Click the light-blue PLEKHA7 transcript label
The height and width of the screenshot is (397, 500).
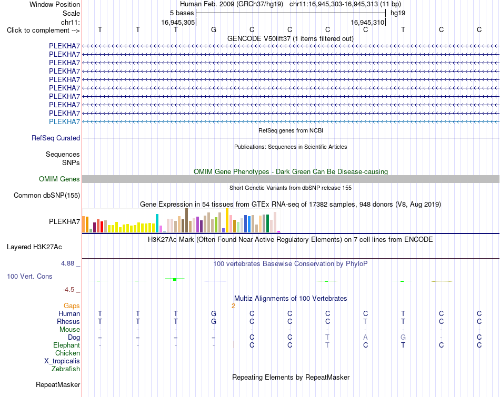[64, 121]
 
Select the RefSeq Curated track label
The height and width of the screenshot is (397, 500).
[56, 138]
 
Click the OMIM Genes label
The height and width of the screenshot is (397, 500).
[59, 179]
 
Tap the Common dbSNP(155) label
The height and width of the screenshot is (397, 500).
[47, 195]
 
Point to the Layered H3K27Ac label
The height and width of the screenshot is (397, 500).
[34, 247]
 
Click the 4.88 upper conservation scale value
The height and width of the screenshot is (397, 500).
[67, 263]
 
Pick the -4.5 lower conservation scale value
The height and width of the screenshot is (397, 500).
[68, 290]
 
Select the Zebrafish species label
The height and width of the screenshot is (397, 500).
[66, 369]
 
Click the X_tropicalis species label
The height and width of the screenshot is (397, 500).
[62, 361]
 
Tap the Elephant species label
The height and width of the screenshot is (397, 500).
[67, 345]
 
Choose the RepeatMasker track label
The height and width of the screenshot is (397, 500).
[58, 384]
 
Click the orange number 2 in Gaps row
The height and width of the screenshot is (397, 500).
[233, 306]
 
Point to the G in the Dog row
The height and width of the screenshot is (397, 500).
[403, 338]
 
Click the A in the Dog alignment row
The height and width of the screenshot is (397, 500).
[365, 338]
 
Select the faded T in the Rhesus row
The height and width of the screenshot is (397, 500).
[365, 321]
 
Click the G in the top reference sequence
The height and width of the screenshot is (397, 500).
[214, 29]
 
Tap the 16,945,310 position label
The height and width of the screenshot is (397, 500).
[367, 22]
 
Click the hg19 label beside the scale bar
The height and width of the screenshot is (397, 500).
[398, 13]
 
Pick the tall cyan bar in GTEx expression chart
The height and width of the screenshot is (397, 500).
[157, 223]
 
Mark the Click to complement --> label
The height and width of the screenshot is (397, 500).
[43, 30]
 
